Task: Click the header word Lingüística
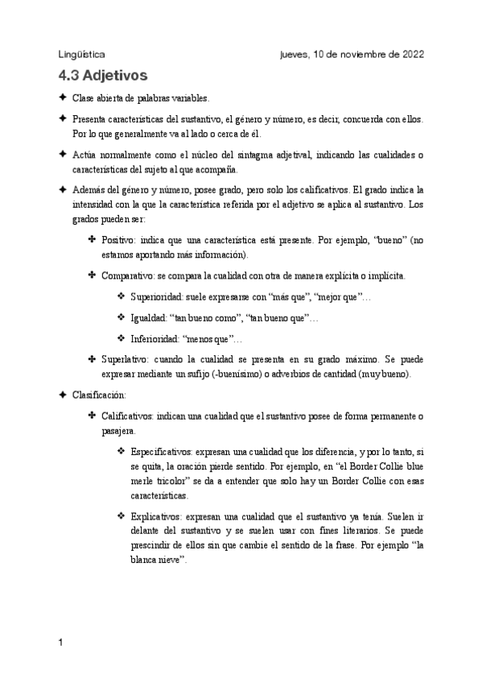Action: pos(81,54)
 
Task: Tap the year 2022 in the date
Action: pos(408,54)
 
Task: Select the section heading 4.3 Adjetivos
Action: pos(103,77)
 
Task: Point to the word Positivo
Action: pos(119,241)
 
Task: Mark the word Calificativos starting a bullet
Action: pos(132,416)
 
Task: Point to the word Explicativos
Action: pos(159,513)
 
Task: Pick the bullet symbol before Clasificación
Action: pos(62,395)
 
